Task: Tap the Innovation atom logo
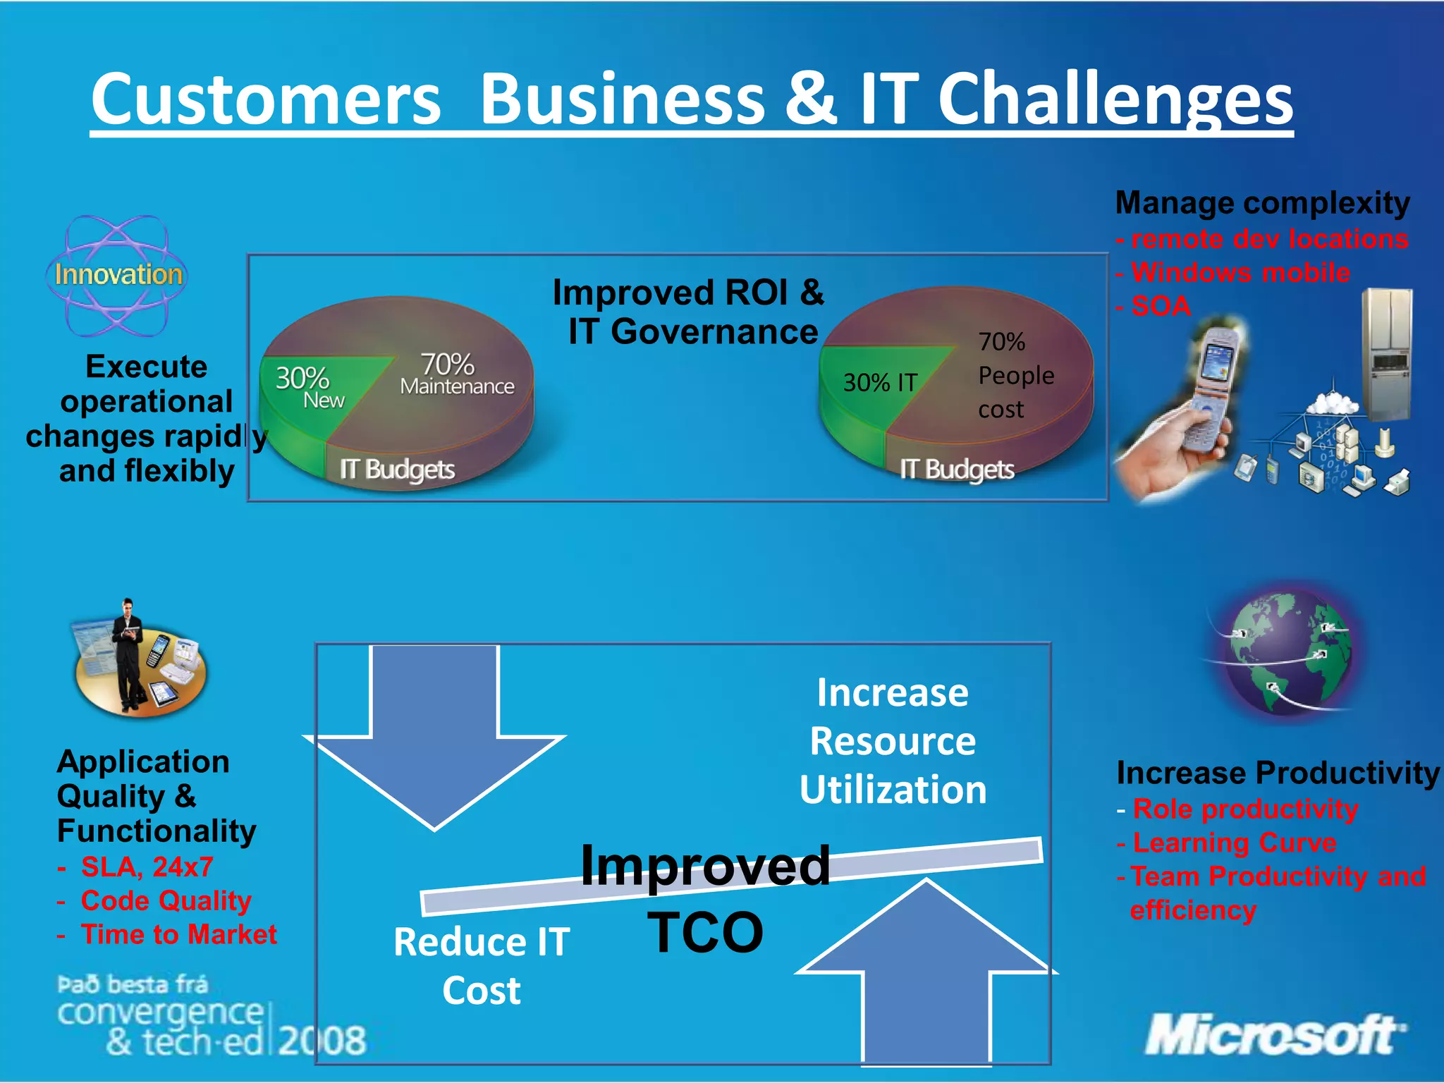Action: pyautogui.click(x=117, y=275)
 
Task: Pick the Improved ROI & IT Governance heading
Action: pyautogui.click(x=690, y=312)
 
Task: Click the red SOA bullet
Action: pyautogui.click(x=1160, y=307)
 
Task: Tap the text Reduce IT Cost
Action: pyautogui.click(x=482, y=966)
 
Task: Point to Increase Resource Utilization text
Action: pyautogui.click(x=893, y=740)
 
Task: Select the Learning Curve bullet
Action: pyautogui.click(x=1234, y=843)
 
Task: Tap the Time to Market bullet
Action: pyautogui.click(x=178, y=934)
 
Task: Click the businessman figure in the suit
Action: pyautogui.click(x=128, y=652)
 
